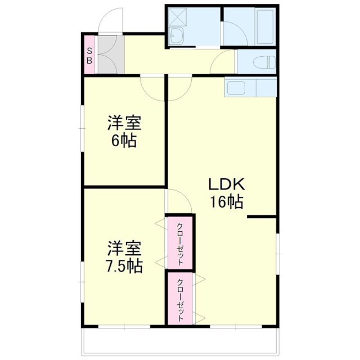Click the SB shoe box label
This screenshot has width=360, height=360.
pos(89,55)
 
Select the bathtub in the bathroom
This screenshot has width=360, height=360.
pos(264,27)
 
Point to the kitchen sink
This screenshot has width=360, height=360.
pos(234,88)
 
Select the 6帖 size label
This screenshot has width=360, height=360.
pos(123,141)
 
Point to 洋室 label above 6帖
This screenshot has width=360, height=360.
pos(124,122)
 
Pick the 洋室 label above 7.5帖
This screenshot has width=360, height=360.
pos(124,247)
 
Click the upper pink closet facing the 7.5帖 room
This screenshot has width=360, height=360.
pos(179,242)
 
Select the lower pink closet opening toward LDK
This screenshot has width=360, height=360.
pos(179,299)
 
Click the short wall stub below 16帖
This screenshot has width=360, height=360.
pos(262,217)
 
